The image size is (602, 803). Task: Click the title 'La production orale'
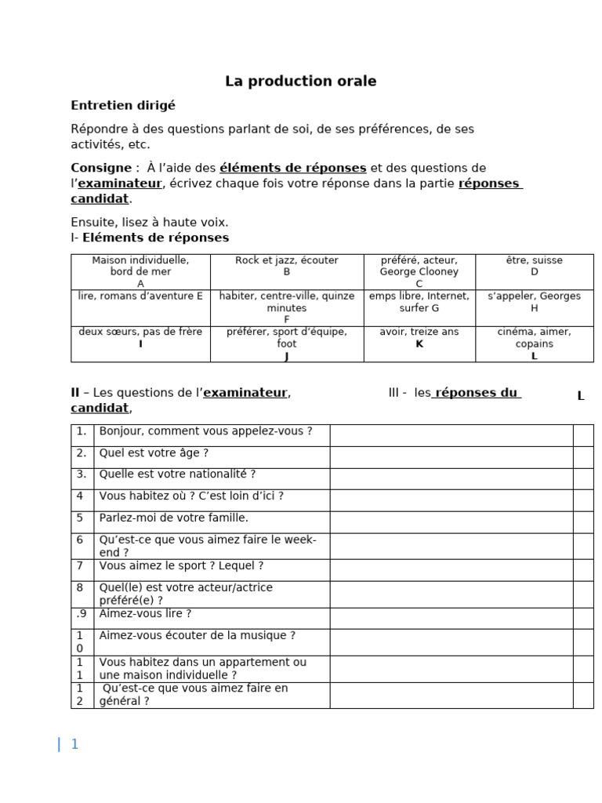[x=301, y=82]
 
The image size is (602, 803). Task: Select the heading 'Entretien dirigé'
[x=123, y=105]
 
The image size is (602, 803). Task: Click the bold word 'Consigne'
[x=101, y=168]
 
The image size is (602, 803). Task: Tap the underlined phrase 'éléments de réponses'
[x=293, y=168]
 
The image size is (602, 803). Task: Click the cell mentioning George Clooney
[x=419, y=271]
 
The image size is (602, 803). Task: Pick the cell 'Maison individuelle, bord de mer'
[x=140, y=271]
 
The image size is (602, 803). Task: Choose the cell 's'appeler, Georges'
[x=534, y=302]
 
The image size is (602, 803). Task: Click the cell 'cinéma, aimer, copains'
[x=534, y=343]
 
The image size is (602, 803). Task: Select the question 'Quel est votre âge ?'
[x=154, y=453]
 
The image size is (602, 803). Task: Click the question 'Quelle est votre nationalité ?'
[x=177, y=474]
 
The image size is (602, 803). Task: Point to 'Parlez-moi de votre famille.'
[x=173, y=518]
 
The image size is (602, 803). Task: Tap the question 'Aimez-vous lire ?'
[x=145, y=614]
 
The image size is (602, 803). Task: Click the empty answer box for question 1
[x=451, y=435]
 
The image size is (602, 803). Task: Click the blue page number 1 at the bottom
[x=74, y=745]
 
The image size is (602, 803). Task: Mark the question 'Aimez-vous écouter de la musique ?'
[x=197, y=636]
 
